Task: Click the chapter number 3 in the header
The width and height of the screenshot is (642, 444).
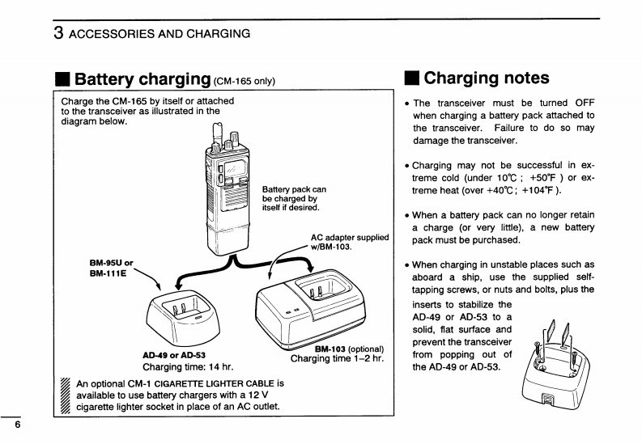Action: (x=58, y=33)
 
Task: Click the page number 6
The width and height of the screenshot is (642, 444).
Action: (x=17, y=425)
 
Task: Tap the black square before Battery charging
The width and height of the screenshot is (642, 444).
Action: (x=62, y=80)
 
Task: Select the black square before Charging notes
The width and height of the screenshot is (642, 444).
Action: (x=411, y=78)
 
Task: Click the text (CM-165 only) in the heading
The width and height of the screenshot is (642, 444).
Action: (x=244, y=81)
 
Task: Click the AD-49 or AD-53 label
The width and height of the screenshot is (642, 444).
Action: (x=174, y=355)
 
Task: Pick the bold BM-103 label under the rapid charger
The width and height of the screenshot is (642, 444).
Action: (x=330, y=349)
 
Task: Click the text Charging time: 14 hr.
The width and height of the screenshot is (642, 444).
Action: (x=188, y=367)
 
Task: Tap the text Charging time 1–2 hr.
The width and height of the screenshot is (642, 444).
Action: (x=337, y=359)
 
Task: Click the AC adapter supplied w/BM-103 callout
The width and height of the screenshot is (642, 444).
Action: (x=350, y=242)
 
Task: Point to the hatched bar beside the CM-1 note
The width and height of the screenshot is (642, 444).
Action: (x=65, y=395)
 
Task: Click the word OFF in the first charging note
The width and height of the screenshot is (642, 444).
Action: (x=585, y=103)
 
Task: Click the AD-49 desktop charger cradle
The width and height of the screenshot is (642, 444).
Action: (x=183, y=317)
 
